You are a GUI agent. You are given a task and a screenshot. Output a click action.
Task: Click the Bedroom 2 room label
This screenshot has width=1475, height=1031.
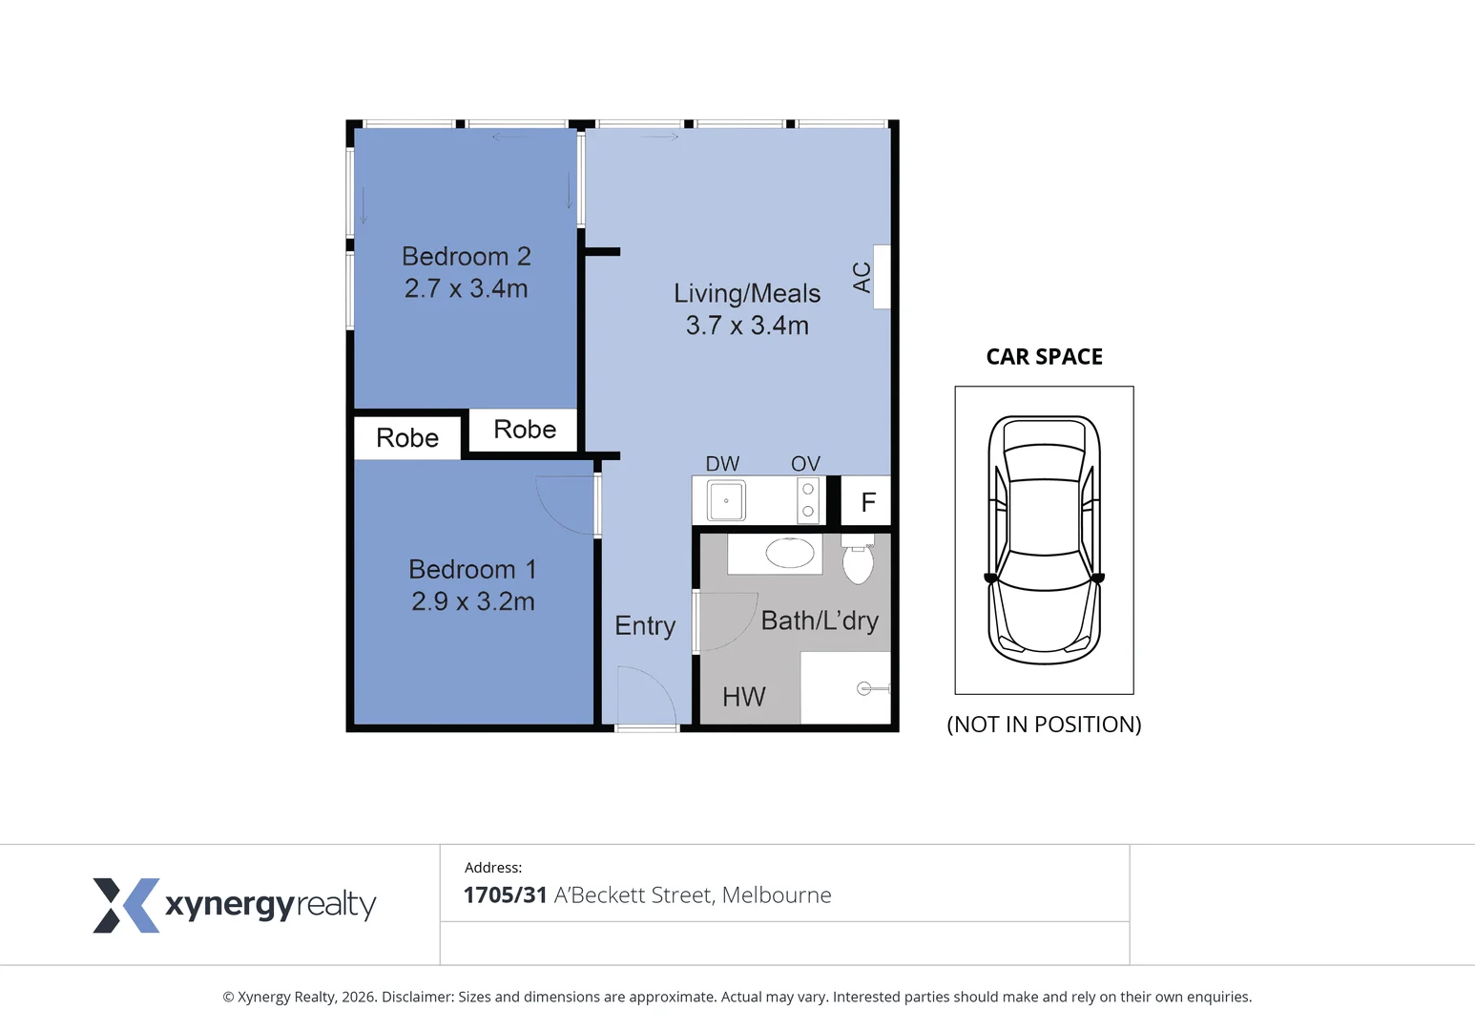click(x=466, y=256)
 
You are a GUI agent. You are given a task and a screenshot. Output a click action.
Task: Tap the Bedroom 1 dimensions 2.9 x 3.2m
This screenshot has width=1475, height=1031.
click(x=472, y=601)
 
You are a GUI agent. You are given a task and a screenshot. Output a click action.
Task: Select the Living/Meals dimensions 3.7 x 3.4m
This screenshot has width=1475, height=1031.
click(x=747, y=326)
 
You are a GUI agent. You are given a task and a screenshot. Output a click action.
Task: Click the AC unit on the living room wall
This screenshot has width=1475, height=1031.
click(x=882, y=277)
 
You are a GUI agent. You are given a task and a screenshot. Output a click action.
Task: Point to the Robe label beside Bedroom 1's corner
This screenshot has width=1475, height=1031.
click(x=407, y=437)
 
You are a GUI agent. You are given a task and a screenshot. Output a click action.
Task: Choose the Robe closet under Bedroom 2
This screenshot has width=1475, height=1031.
click(x=525, y=430)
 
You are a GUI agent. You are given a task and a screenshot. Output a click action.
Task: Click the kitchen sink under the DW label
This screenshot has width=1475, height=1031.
click(x=726, y=500)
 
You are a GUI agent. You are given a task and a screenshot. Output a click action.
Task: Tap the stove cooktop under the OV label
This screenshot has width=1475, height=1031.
click(x=808, y=500)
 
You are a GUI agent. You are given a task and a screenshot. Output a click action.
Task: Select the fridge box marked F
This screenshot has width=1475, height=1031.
click(x=867, y=502)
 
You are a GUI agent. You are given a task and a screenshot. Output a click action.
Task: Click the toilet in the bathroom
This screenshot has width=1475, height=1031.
click(x=858, y=561)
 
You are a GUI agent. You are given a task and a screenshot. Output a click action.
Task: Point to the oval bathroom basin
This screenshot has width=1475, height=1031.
click(x=790, y=553)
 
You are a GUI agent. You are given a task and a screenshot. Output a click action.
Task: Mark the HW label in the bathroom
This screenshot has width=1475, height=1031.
click(x=744, y=697)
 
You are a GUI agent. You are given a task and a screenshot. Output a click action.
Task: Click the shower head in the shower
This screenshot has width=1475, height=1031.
click(x=866, y=688)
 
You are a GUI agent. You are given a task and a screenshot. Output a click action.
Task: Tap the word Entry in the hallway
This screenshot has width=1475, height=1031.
click(x=645, y=625)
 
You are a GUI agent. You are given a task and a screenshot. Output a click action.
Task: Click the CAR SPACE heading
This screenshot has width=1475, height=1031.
click(x=1044, y=356)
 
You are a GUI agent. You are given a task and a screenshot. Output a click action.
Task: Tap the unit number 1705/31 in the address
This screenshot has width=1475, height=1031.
click(x=505, y=895)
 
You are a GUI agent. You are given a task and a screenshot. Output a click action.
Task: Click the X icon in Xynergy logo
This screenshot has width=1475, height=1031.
click(x=125, y=905)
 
